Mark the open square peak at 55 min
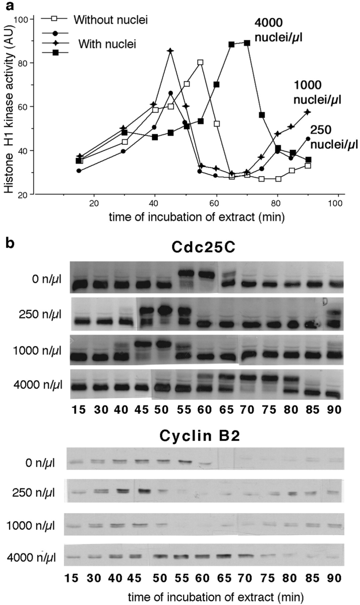[201, 63]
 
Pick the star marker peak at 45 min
[170, 51]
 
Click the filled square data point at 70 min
[247, 43]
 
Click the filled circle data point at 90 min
[308, 138]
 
